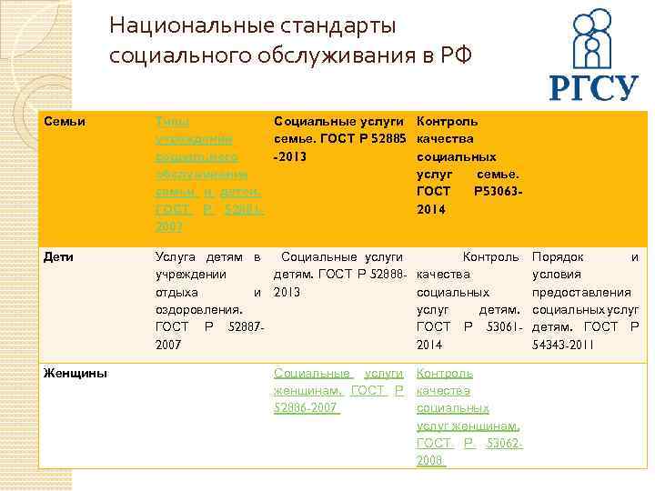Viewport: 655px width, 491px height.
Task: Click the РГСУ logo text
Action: pos(593,88)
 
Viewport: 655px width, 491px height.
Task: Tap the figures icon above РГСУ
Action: pos(592,41)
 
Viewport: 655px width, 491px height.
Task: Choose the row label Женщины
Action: pos(75,373)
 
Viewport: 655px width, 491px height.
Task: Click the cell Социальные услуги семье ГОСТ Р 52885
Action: pos(338,138)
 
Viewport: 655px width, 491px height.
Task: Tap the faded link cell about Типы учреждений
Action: pos(209,173)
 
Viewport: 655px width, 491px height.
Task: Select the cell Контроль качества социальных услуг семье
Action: pos(468,164)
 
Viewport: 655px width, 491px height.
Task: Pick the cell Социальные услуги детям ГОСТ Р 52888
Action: pos(338,276)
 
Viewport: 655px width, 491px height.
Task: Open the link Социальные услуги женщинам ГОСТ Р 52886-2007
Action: pos(338,390)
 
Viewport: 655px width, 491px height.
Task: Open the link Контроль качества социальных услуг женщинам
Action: pos(468,416)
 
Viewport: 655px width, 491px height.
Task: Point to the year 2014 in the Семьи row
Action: pos(432,208)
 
